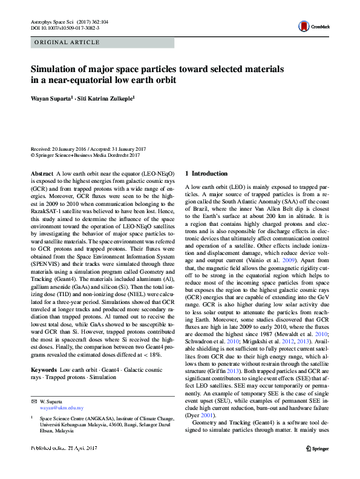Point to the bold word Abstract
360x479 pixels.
pyautogui.click(x=42, y=173)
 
